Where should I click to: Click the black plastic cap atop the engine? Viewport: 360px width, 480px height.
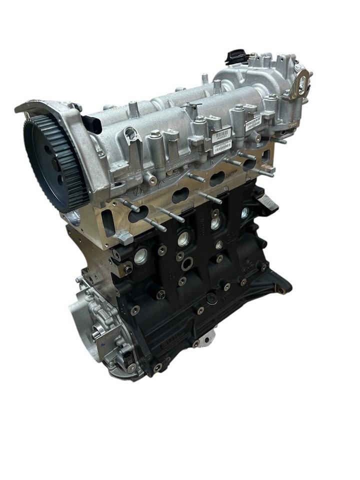pyautogui.click(x=233, y=56)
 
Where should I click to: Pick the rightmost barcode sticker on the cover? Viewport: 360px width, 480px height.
pyautogui.click(x=253, y=123)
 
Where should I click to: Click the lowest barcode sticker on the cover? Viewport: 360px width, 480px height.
pyautogui.click(x=222, y=147)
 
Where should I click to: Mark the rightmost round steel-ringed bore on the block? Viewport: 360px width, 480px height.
pyautogui.click(x=245, y=212)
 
